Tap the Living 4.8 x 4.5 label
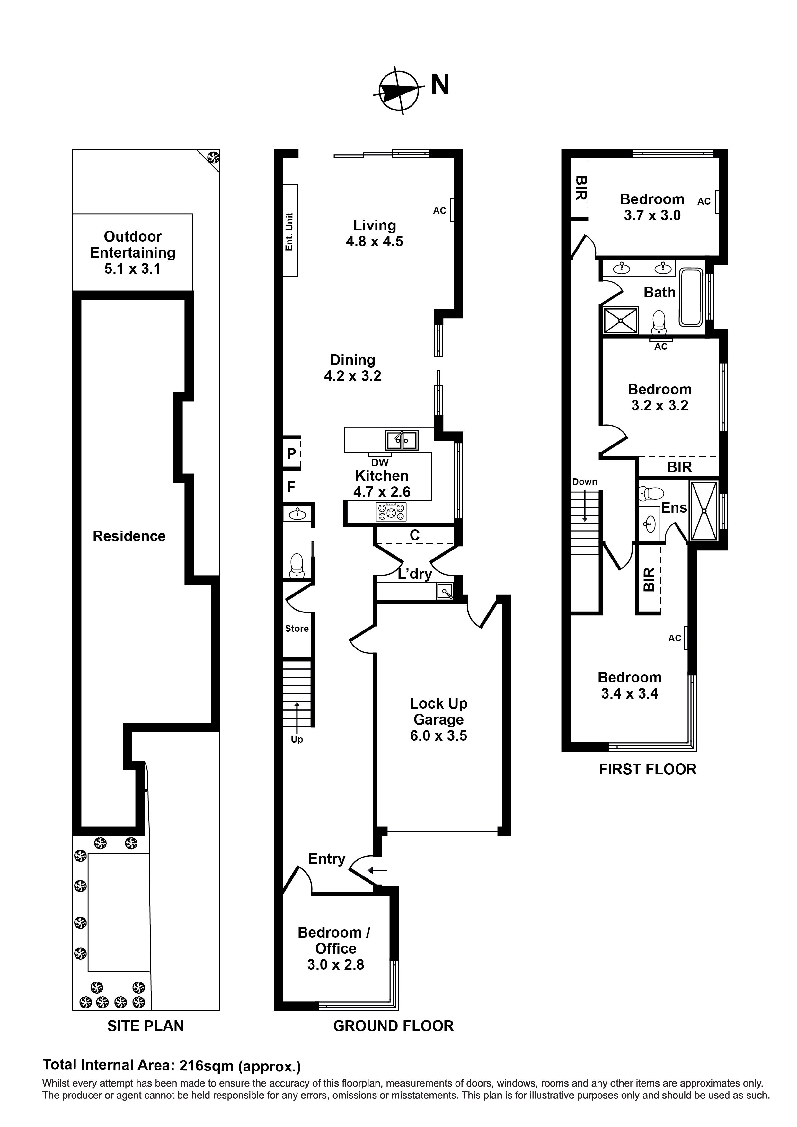pyautogui.click(x=374, y=233)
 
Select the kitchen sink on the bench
pyautogui.click(x=401, y=440)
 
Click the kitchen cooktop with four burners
pyautogui.click(x=391, y=513)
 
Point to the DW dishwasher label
pyautogui.click(x=380, y=462)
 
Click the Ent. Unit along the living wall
pyautogui.click(x=290, y=231)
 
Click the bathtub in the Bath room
pyautogui.click(x=691, y=297)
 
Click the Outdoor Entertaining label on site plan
pyautogui.click(x=133, y=252)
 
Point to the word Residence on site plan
pyautogui.click(x=129, y=536)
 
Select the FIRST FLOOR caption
pyautogui.click(x=647, y=769)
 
